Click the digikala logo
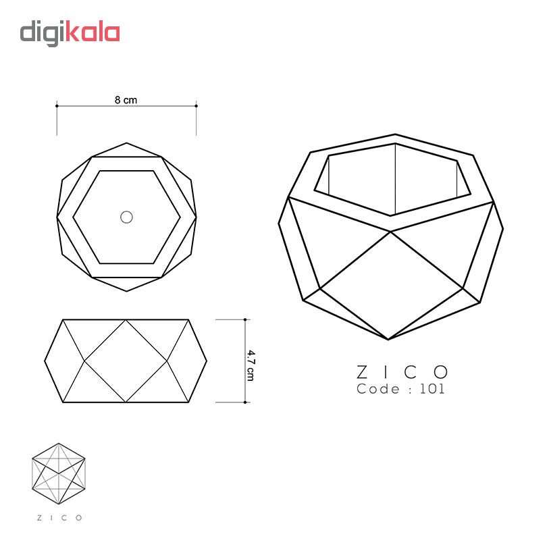pos(70,33)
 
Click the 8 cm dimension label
pos(126,100)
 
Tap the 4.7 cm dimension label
pos(251,365)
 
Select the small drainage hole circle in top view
pos(126,217)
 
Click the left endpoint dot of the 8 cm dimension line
pos(57,106)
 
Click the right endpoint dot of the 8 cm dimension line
pos(196,106)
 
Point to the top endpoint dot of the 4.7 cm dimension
pos(245,319)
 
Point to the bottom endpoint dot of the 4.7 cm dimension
pos(245,402)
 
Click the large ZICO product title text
pos(402,372)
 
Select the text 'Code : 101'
pos(400,389)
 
